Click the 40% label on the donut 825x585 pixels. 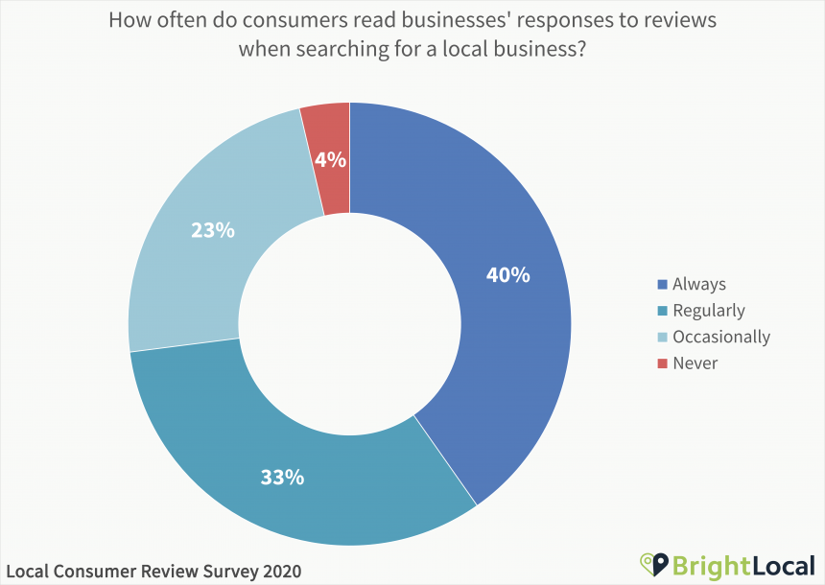pyautogui.click(x=507, y=274)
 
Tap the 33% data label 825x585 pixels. pyautogui.click(x=282, y=476)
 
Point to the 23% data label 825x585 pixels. pyautogui.click(x=212, y=230)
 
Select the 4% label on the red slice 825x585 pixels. pyautogui.click(x=330, y=160)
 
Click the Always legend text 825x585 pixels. pyautogui.click(x=699, y=284)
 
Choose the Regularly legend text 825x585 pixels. pyautogui.click(x=709, y=310)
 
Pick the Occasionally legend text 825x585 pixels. pyautogui.click(x=721, y=337)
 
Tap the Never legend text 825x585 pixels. pyautogui.click(x=695, y=363)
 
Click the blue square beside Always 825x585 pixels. pyautogui.click(x=661, y=284)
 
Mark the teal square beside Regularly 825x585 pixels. pyautogui.click(x=661, y=311)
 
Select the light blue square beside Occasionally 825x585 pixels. pyautogui.click(x=661, y=337)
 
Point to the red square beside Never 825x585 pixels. pyautogui.click(x=661, y=363)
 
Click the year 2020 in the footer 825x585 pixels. pyautogui.click(x=279, y=571)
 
